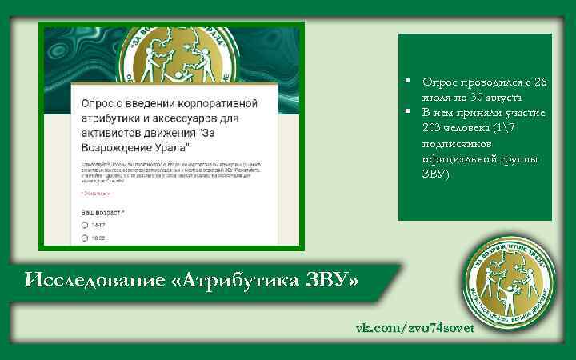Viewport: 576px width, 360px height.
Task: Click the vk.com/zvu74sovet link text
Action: pyautogui.click(x=415, y=329)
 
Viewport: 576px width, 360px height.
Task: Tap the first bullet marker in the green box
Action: pyautogui.click(x=407, y=82)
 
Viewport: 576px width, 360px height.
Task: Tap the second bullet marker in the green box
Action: pyautogui.click(x=407, y=112)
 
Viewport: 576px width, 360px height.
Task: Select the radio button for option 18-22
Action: pyautogui.click(x=85, y=238)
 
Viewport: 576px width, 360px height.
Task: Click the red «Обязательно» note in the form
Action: pyautogui.click(x=95, y=193)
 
